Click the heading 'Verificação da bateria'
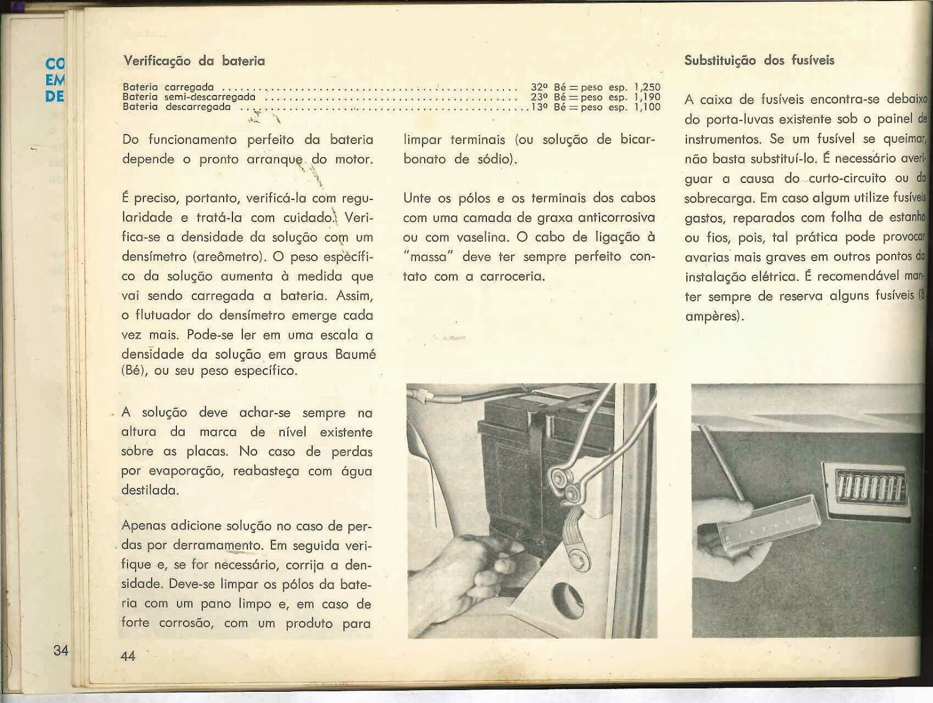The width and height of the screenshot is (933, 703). click(194, 61)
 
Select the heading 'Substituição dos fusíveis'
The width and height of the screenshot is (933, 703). click(759, 60)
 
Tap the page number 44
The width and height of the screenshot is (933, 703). click(127, 655)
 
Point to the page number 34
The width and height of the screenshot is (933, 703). click(60, 650)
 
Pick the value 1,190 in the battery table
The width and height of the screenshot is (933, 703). click(647, 97)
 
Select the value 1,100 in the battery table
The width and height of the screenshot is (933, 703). click(647, 107)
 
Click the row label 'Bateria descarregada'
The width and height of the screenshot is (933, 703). click(176, 107)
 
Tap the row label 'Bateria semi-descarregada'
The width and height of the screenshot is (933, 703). click(189, 97)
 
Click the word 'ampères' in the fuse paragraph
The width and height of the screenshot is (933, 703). click(712, 316)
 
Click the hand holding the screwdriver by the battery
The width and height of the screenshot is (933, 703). click(454, 567)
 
